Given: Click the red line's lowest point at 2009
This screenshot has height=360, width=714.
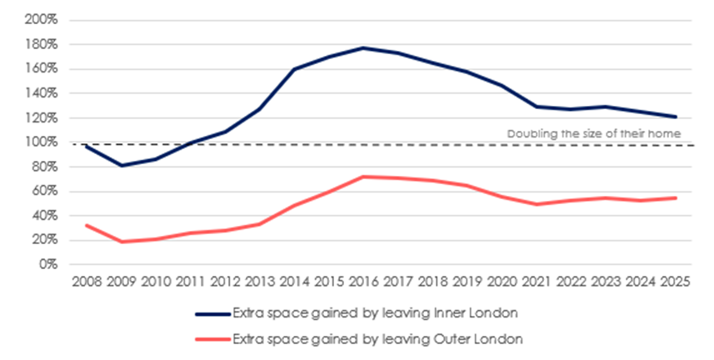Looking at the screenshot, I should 122,242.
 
